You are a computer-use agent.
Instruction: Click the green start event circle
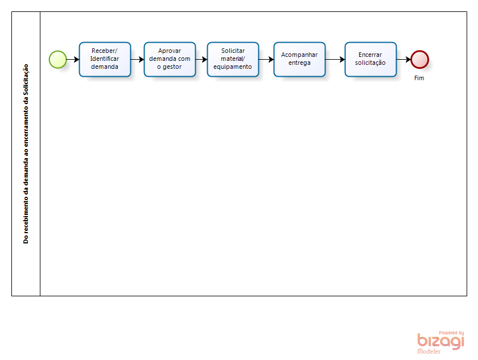[57, 59]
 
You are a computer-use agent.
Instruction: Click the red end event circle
[420, 59]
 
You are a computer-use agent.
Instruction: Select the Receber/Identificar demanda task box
[105, 59]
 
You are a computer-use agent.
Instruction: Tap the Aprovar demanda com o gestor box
[170, 59]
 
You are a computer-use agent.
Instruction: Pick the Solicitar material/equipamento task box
[233, 59]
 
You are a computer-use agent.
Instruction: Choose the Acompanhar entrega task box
[299, 59]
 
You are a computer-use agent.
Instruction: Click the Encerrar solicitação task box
[370, 59]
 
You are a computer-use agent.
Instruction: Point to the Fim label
[419, 78]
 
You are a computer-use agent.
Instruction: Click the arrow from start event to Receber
[73, 59]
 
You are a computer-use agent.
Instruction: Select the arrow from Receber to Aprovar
[138, 59]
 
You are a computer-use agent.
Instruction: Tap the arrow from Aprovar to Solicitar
[201, 59]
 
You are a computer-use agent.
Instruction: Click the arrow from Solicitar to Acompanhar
[266, 59]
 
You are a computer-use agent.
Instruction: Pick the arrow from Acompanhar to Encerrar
[335, 59]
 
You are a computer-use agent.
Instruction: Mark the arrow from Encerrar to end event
[403, 59]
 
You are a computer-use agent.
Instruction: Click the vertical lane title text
[26, 154]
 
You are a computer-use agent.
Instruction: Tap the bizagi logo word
[440, 341]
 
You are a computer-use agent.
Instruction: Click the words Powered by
[451, 333]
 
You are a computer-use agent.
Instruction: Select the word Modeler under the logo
[429, 351]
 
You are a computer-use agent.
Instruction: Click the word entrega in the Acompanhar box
[299, 63]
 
